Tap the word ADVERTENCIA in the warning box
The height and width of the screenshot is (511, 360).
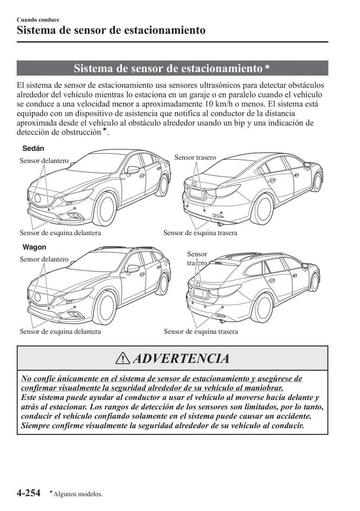[x=181, y=358]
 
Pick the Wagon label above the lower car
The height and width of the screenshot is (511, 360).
[x=34, y=247]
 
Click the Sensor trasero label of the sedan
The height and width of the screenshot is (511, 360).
[x=195, y=158]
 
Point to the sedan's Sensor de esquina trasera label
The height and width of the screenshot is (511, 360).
[x=200, y=233]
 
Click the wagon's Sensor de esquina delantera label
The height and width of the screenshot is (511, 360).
[x=60, y=331]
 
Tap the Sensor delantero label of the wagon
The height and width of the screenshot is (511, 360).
[x=44, y=259]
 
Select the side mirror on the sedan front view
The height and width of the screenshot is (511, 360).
[x=133, y=169]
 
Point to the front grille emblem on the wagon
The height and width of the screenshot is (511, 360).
[x=37, y=297]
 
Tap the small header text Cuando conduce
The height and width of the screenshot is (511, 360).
[x=38, y=20]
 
